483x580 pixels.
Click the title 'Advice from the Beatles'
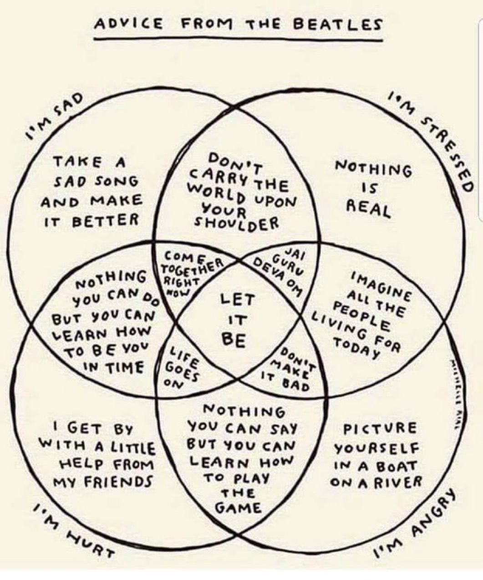click(x=238, y=24)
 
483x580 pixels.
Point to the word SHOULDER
click(x=236, y=223)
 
